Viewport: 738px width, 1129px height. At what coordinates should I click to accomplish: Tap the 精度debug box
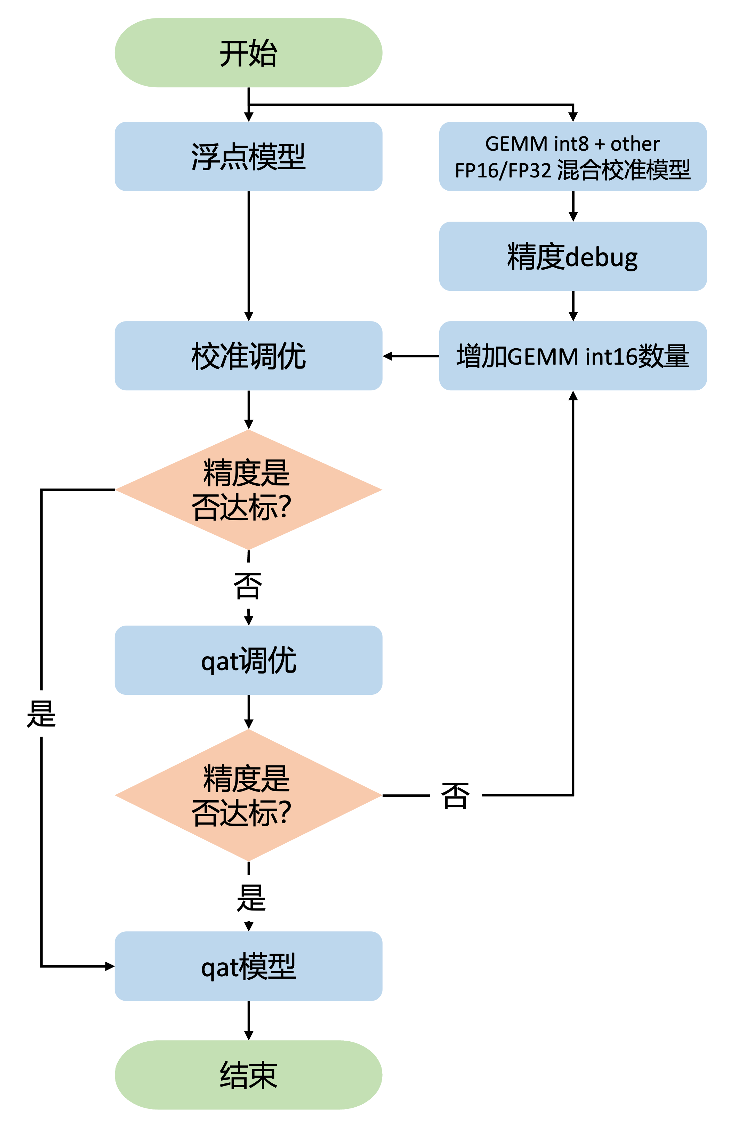[x=572, y=256]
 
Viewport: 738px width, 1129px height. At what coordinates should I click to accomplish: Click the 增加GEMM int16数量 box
[x=572, y=356]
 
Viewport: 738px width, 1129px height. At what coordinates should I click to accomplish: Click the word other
[x=635, y=144]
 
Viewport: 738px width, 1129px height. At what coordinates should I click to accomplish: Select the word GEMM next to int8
[x=516, y=144]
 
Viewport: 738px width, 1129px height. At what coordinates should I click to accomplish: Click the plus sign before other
[x=600, y=144]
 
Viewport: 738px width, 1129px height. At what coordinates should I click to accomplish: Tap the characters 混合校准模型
[x=623, y=170]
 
